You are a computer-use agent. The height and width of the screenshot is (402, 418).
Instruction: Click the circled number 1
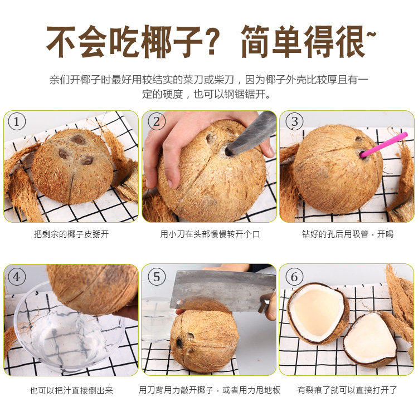pyautogui.click(x=17, y=121)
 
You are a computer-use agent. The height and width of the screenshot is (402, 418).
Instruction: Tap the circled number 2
pyautogui.click(x=157, y=121)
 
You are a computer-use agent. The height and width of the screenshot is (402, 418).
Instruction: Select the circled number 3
pyautogui.click(x=294, y=121)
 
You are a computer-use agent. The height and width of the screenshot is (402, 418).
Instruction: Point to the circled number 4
pyautogui.click(x=17, y=277)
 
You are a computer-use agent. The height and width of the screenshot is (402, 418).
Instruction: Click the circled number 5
pyautogui.click(x=157, y=277)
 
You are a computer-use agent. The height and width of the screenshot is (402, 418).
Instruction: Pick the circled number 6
pyautogui.click(x=294, y=277)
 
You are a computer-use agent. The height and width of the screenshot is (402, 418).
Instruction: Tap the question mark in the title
pyautogui.click(x=211, y=41)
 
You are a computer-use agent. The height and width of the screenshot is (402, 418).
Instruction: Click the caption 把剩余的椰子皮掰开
pyautogui.click(x=71, y=234)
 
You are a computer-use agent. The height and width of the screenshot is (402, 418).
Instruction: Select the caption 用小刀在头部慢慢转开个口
pyautogui.click(x=210, y=234)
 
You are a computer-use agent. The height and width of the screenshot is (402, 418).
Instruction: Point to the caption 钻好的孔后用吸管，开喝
pyautogui.click(x=348, y=234)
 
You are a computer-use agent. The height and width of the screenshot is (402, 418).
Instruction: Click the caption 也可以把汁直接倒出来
pyautogui.click(x=71, y=390)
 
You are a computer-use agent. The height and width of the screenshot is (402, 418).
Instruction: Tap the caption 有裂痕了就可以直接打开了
pyautogui.click(x=347, y=390)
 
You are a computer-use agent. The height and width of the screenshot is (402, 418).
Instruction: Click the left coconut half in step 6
pyautogui.click(x=318, y=313)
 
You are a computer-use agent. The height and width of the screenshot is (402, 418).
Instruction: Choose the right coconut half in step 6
pyautogui.click(x=371, y=340)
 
